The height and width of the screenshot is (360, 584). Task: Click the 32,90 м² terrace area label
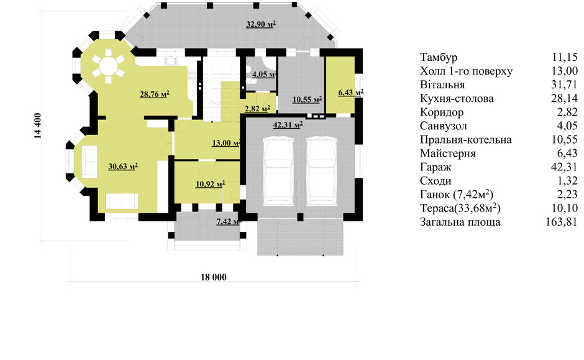pyautogui.click(x=261, y=25)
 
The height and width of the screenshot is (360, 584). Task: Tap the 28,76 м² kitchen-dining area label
pyautogui.click(x=155, y=95)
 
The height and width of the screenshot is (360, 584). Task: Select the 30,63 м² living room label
pyautogui.click(x=123, y=166)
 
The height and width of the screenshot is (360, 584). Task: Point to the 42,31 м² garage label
pyautogui.click(x=288, y=125)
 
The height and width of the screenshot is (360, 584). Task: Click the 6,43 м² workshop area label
pyautogui.click(x=351, y=92)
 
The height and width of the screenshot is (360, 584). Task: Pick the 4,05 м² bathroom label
pyautogui.click(x=264, y=74)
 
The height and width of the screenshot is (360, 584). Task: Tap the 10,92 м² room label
pyautogui.click(x=210, y=183)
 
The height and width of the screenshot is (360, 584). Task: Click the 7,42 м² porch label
pyautogui.click(x=228, y=221)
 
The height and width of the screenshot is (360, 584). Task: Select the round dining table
pyautogui.click(x=108, y=66)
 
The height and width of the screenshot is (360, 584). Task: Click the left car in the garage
pyautogui.click(x=278, y=172)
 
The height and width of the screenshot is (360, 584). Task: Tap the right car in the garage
pyautogui.click(x=322, y=172)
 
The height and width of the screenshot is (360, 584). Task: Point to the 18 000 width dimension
pyautogui.click(x=214, y=277)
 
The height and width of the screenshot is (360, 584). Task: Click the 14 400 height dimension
pyautogui.click(x=38, y=126)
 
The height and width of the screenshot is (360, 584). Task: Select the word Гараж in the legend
pyautogui.click(x=436, y=167)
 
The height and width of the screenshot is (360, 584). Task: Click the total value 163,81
pyautogui.click(x=562, y=222)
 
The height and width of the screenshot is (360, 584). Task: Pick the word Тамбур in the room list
pyautogui.click(x=439, y=57)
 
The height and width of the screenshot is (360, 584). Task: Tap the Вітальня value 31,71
pyautogui.click(x=564, y=85)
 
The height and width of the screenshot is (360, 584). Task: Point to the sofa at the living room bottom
pyautogui.click(x=122, y=201)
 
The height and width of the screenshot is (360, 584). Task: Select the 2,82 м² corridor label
pyautogui.click(x=257, y=109)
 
